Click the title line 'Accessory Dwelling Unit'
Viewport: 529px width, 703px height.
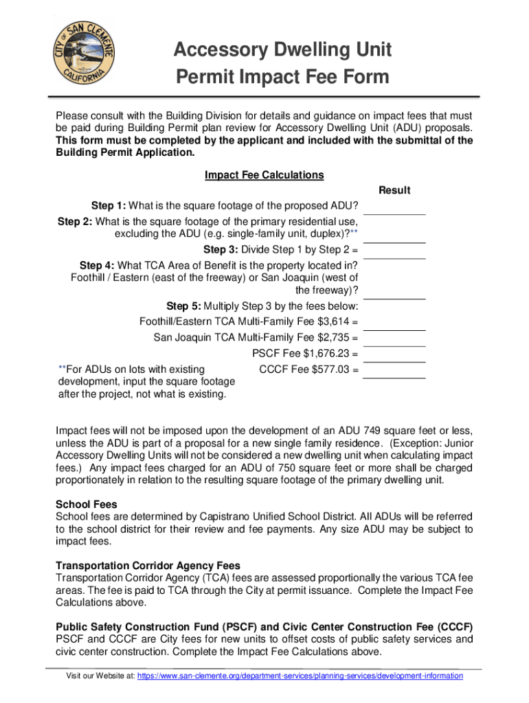pyautogui.click(x=282, y=49)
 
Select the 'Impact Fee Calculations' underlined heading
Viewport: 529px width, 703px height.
pyautogui.click(x=264, y=175)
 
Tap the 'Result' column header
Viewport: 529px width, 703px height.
pyautogui.click(x=394, y=190)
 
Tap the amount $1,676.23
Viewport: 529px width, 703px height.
pyautogui.click(x=322, y=354)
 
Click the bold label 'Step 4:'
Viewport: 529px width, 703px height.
pyautogui.click(x=98, y=265)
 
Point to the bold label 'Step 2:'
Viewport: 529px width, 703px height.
pyautogui.click(x=75, y=222)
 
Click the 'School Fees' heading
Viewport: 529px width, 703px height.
pyautogui.click(x=86, y=504)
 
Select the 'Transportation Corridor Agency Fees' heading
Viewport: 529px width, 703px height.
pyautogui.click(x=148, y=566)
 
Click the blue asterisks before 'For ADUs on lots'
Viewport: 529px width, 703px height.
pyautogui.click(x=60, y=371)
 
